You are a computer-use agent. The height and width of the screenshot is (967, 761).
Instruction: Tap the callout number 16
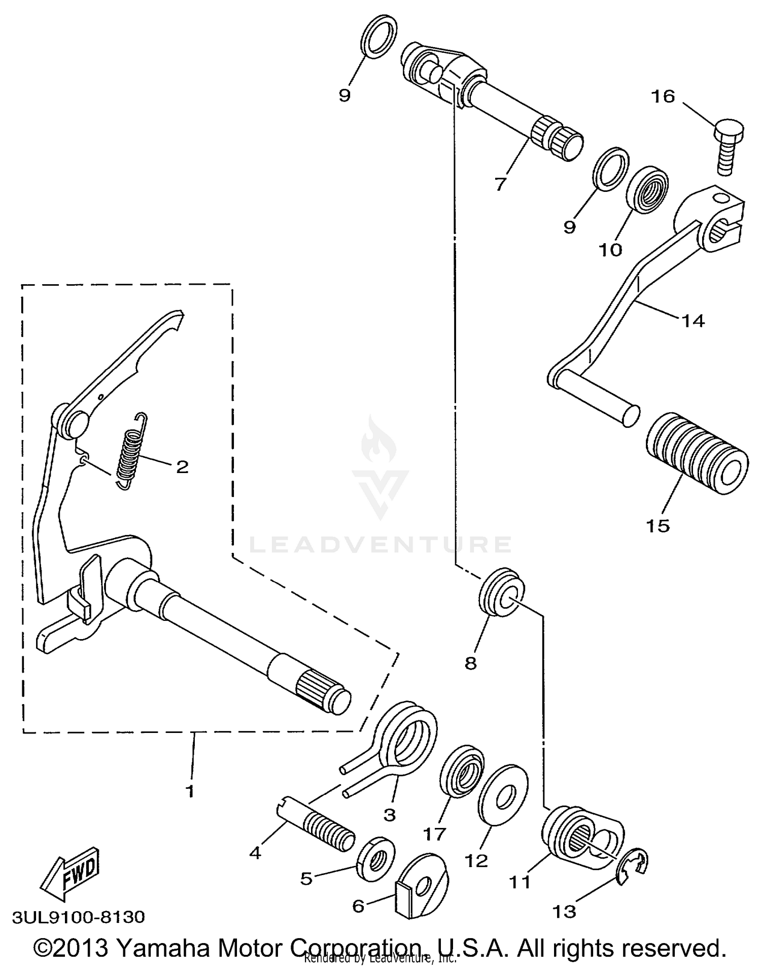pos(663,96)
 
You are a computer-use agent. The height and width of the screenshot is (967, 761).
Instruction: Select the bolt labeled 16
pos(728,144)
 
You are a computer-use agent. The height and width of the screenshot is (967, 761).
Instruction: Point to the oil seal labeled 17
pos(461,772)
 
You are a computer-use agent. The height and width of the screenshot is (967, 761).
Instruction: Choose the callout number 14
pos(693,321)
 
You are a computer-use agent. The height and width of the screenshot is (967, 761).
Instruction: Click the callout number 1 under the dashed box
pos(190,791)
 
